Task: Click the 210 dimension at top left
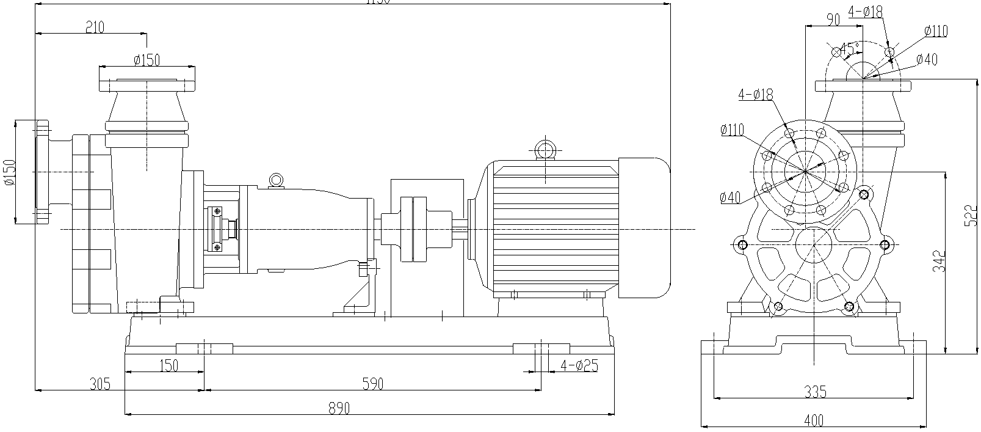pyautogui.click(x=95, y=27)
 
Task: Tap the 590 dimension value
pyautogui.click(x=372, y=384)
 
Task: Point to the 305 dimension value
pyautogui.click(x=100, y=384)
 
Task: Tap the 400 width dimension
pyautogui.click(x=813, y=420)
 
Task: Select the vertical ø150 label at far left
pyautogui.click(x=9, y=172)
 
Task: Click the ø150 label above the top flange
pyautogui.click(x=147, y=60)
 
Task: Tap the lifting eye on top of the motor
pyautogui.click(x=543, y=148)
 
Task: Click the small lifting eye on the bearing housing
pyautogui.click(x=276, y=180)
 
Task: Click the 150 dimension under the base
pyautogui.click(x=168, y=366)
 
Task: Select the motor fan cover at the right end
pyautogui.click(x=645, y=227)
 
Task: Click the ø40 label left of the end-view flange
pyautogui.click(x=730, y=197)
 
